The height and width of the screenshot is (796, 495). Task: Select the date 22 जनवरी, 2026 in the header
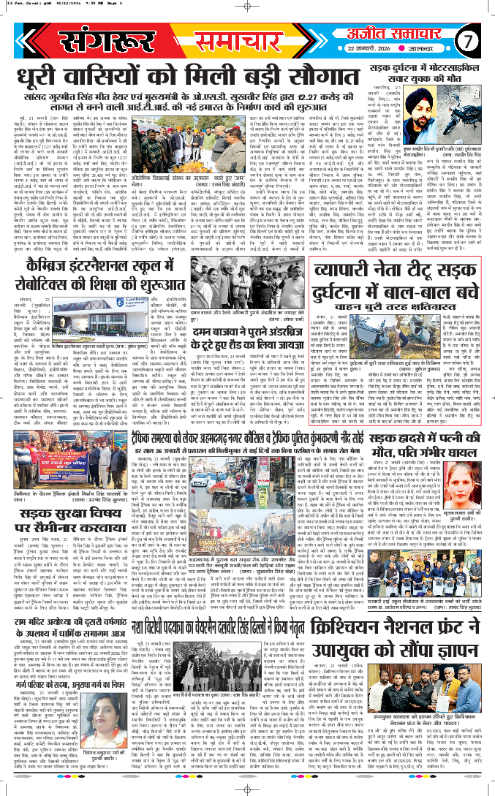(388, 49)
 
